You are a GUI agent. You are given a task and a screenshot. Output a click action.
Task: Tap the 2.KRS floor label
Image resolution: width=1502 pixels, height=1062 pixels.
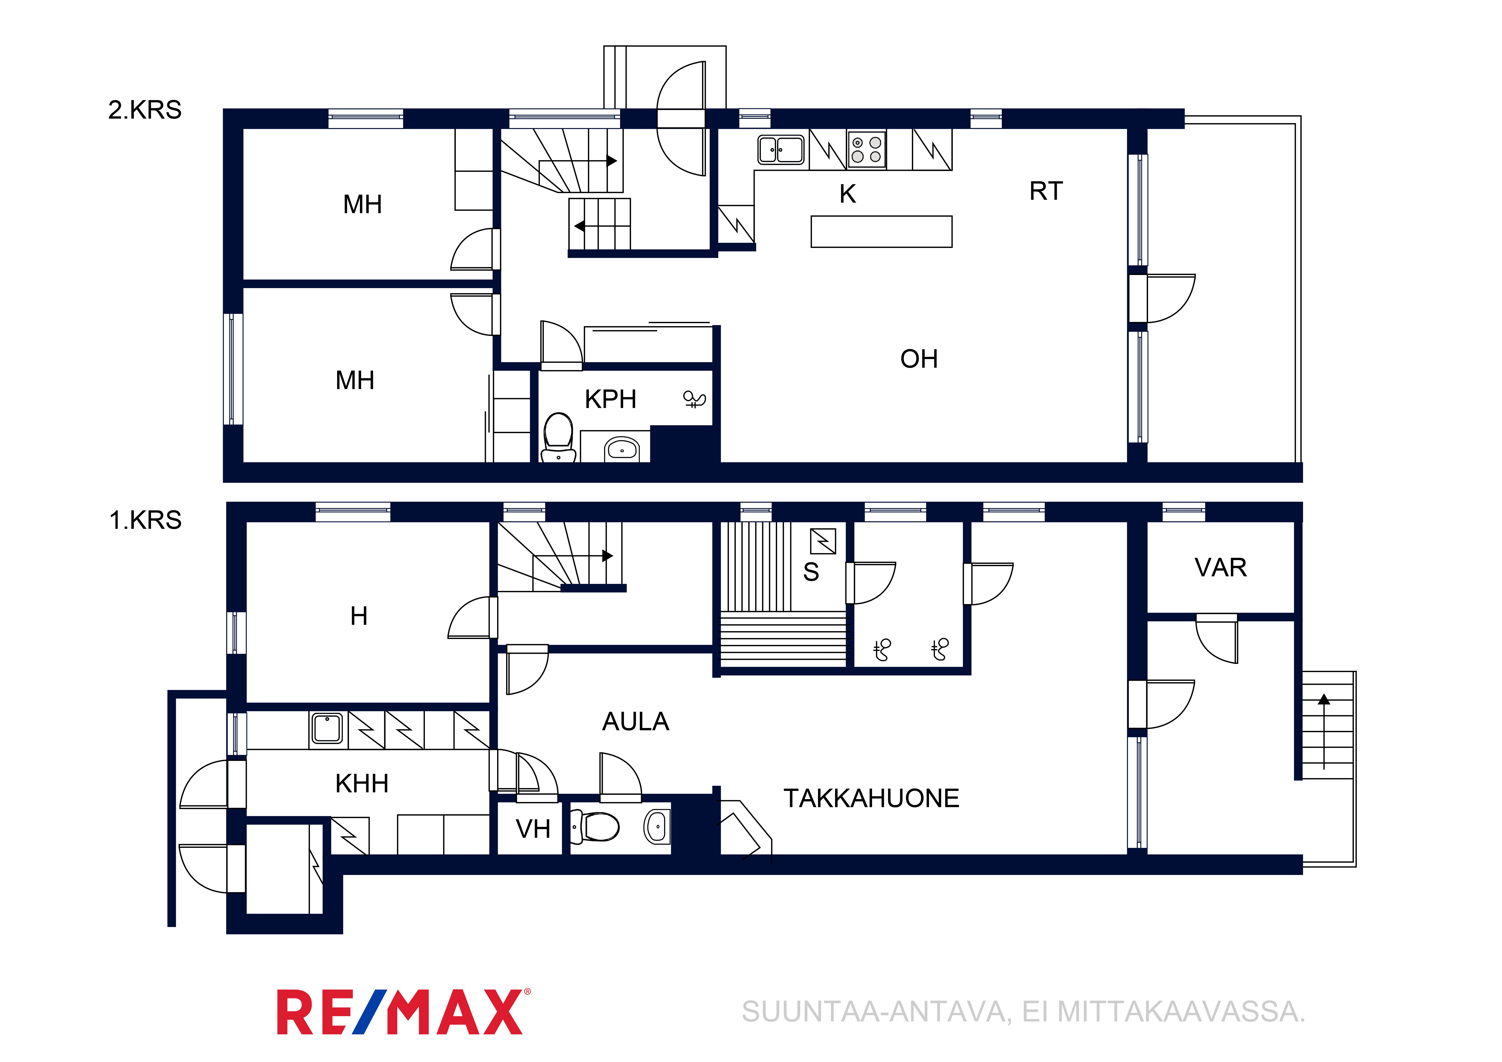point(144,110)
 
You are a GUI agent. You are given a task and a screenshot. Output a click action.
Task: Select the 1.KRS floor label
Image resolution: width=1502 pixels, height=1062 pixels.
point(145,520)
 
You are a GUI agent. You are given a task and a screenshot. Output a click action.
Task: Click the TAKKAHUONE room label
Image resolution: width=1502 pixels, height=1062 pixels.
point(871,798)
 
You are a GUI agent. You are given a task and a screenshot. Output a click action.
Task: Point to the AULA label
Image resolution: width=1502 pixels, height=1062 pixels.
point(635,722)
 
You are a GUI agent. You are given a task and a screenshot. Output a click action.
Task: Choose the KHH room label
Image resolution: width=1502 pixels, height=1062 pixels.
point(362,783)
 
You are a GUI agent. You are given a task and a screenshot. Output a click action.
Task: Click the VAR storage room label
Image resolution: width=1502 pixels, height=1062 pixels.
point(1221,567)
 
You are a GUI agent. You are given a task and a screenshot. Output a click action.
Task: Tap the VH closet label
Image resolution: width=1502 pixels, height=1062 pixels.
point(533,829)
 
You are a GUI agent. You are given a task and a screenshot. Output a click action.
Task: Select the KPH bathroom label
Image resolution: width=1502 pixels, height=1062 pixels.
point(610,399)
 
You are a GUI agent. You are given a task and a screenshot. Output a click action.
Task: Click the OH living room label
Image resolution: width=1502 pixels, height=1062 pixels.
point(919,359)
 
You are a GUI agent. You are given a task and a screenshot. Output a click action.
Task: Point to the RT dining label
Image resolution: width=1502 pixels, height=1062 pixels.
point(1046,191)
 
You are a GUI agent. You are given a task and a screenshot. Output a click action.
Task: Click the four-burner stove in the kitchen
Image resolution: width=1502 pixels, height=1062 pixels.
point(867,150)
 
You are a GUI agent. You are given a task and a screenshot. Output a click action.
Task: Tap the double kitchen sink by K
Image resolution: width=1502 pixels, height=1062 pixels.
point(780,149)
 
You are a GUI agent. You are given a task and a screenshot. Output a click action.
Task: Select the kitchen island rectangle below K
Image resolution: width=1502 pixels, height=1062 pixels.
point(881,232)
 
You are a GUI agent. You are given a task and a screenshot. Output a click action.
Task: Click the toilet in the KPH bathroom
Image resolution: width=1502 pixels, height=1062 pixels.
point(559,437)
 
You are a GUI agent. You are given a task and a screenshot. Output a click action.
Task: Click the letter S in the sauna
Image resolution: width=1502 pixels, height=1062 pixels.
point(811,572)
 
